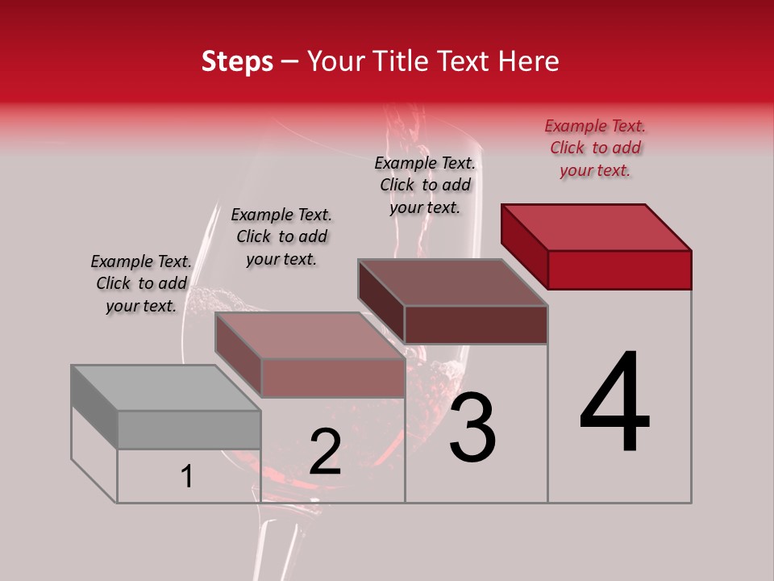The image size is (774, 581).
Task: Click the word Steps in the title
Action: pyautogui.click(x=237, y=61)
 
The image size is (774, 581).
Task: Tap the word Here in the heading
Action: pyautogui.click(x=529, y=61)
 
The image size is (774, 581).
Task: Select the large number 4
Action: pyautogui.click(x=614, y=403)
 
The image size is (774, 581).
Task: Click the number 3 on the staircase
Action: pyautogui.click(x=472, y=428)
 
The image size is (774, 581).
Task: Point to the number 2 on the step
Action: pyautogui.click(x=325, y=452)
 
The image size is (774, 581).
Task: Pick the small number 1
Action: pyautogui.click(x=187, y=476)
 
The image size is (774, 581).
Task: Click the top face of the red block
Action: pyautogui.click(x=597, y=227)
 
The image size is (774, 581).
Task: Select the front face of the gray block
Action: pyautogui.click(x=189, y=429)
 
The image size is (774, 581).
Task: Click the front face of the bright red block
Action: pyautogui.click(x=619, y=270)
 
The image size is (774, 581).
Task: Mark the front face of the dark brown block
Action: pyautogui.click(x=476, y=324)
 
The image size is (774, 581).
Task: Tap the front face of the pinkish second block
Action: pyautogui.click(x=332, y=378)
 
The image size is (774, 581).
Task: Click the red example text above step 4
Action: pyautogui.click(x=595, y=148)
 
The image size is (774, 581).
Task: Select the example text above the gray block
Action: pyautogui.click(x=141, y=284)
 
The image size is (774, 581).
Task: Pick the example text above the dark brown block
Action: pyautogui.click(x=425, y=186)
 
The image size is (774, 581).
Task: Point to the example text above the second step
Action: pyautogui.click(x=281, y=237)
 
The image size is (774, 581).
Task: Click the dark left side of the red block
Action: pyautogui.click(x=524, y=246)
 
